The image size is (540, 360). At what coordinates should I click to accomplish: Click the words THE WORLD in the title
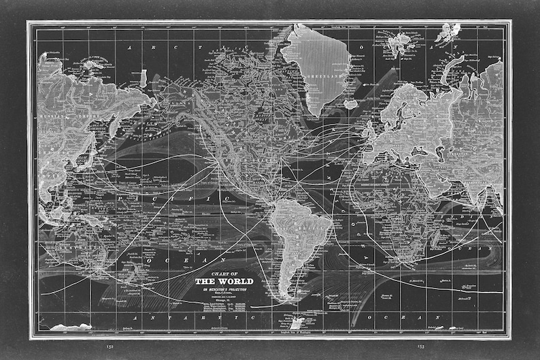coord(224,281)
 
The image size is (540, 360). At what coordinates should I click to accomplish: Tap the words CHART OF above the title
coord(224,272)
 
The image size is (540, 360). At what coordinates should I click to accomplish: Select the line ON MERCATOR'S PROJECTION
coord(224,289)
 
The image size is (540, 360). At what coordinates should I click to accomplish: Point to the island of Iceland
coord(351,103)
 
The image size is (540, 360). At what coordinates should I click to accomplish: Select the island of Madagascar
coord(445,235)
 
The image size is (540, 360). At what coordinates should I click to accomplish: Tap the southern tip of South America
coord(288,297)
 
